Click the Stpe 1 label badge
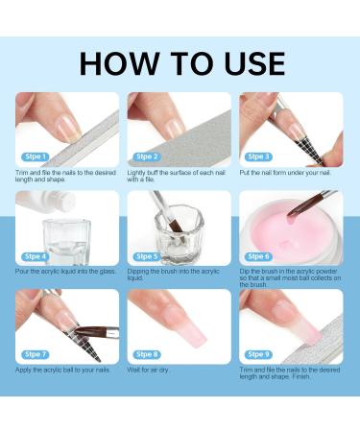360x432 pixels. tap(34, 156)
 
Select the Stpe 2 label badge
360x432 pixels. tap(146, 156)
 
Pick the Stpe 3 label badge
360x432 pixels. tap(259, 156)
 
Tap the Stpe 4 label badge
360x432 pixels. tap(34, 256)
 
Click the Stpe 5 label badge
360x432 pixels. tap(146, 256)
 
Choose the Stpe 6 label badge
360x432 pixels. tap(259, 256)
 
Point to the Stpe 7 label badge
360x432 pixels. tap(34, 354)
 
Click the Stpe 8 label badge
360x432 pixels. tap(146, 354)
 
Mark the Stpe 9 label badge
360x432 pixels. tap(259, 354)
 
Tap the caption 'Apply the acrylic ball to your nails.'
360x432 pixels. tap(63, 370)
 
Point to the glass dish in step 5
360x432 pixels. tap(180, 235)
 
